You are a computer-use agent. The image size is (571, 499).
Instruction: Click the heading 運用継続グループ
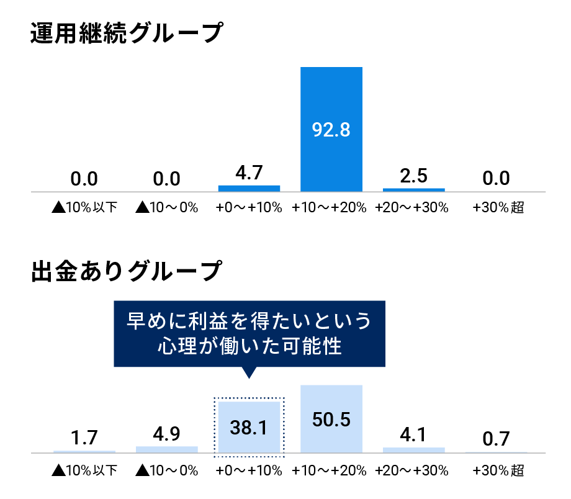pos(126,33)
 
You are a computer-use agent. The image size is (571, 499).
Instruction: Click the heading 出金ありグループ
pos(126,271)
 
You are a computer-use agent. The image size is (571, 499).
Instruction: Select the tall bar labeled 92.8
pos(331,129)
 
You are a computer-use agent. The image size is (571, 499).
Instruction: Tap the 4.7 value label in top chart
pos(249,173)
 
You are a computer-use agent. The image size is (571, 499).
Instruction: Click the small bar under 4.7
pos(249,188)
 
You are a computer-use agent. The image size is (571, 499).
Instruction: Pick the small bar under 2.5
pos(414,189)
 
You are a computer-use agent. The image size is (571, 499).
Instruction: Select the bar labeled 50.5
pos(331,419)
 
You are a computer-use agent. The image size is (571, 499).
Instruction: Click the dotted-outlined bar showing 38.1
pos(249,427)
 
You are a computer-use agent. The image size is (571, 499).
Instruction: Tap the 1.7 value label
pos(84,438)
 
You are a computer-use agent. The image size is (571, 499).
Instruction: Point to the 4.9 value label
pos(166,434)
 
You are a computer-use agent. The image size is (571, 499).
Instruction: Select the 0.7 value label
pos(496,439)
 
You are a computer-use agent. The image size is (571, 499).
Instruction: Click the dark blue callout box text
pos(249,333)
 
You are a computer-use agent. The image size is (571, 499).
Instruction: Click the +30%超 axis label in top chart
pos(498,208)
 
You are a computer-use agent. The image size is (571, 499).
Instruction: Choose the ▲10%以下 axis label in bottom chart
pos(84,470)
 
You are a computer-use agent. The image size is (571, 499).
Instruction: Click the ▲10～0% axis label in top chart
pos(166,208)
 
